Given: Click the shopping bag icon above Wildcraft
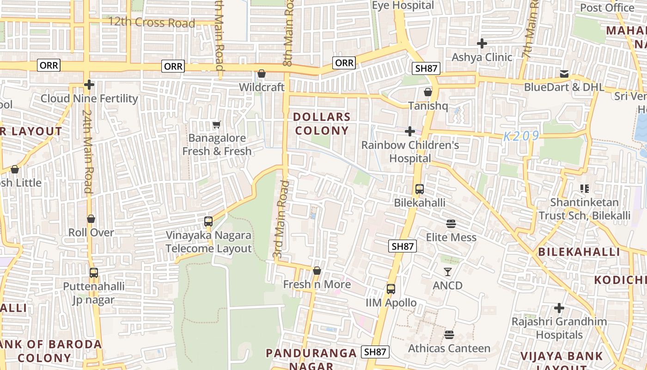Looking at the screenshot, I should (x=261, y=74).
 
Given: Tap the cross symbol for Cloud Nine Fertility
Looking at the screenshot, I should (x=89, y=85).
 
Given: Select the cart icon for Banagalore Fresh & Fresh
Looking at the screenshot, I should (x=216, y=124).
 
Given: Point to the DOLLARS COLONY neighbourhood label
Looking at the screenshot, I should (x=322, y=123).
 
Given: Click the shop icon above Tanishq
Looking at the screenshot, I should (x=428, y=92).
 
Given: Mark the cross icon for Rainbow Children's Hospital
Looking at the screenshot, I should (x=410, y=132).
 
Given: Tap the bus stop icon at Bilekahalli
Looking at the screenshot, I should (x=420, y=189).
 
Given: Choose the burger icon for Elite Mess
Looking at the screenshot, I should (x=451, y=224).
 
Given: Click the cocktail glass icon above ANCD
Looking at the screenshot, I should (x=447, y=272).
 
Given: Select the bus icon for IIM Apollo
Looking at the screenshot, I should (x=391, y=290).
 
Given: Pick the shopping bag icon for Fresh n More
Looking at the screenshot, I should (x=317, y=271).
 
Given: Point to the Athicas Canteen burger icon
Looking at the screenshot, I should (x=449, y=335).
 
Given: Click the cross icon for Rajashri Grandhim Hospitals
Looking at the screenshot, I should (x=559, y=308).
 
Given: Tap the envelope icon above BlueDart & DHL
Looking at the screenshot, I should (x=564, y=74).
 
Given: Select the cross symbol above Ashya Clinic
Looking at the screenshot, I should (x=482, y=44).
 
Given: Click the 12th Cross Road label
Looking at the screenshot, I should (x=152, y=22).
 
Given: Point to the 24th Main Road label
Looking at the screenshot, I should (x=88, y=151).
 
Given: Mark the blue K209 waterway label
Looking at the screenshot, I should (x=521, y=136).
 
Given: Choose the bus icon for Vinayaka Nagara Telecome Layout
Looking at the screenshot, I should (x=208, y=222).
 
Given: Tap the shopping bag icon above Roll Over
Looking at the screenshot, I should (x=91, y=219).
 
